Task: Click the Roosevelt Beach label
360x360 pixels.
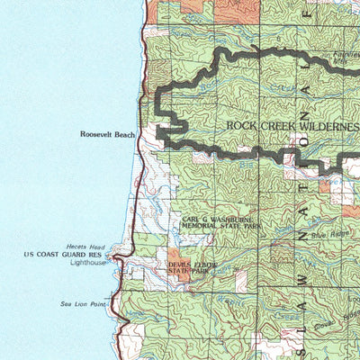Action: pyautogui.click(x=107, y=134)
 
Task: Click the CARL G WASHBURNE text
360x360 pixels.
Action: pyautogui.click(x=220, y=219)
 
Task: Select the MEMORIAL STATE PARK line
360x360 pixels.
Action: pyautogui.click(x=221, y=227)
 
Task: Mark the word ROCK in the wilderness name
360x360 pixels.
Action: pyautogui.click(x=241, y=127)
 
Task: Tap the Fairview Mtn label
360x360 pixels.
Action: pyautogui.click(x=346, y=56)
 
